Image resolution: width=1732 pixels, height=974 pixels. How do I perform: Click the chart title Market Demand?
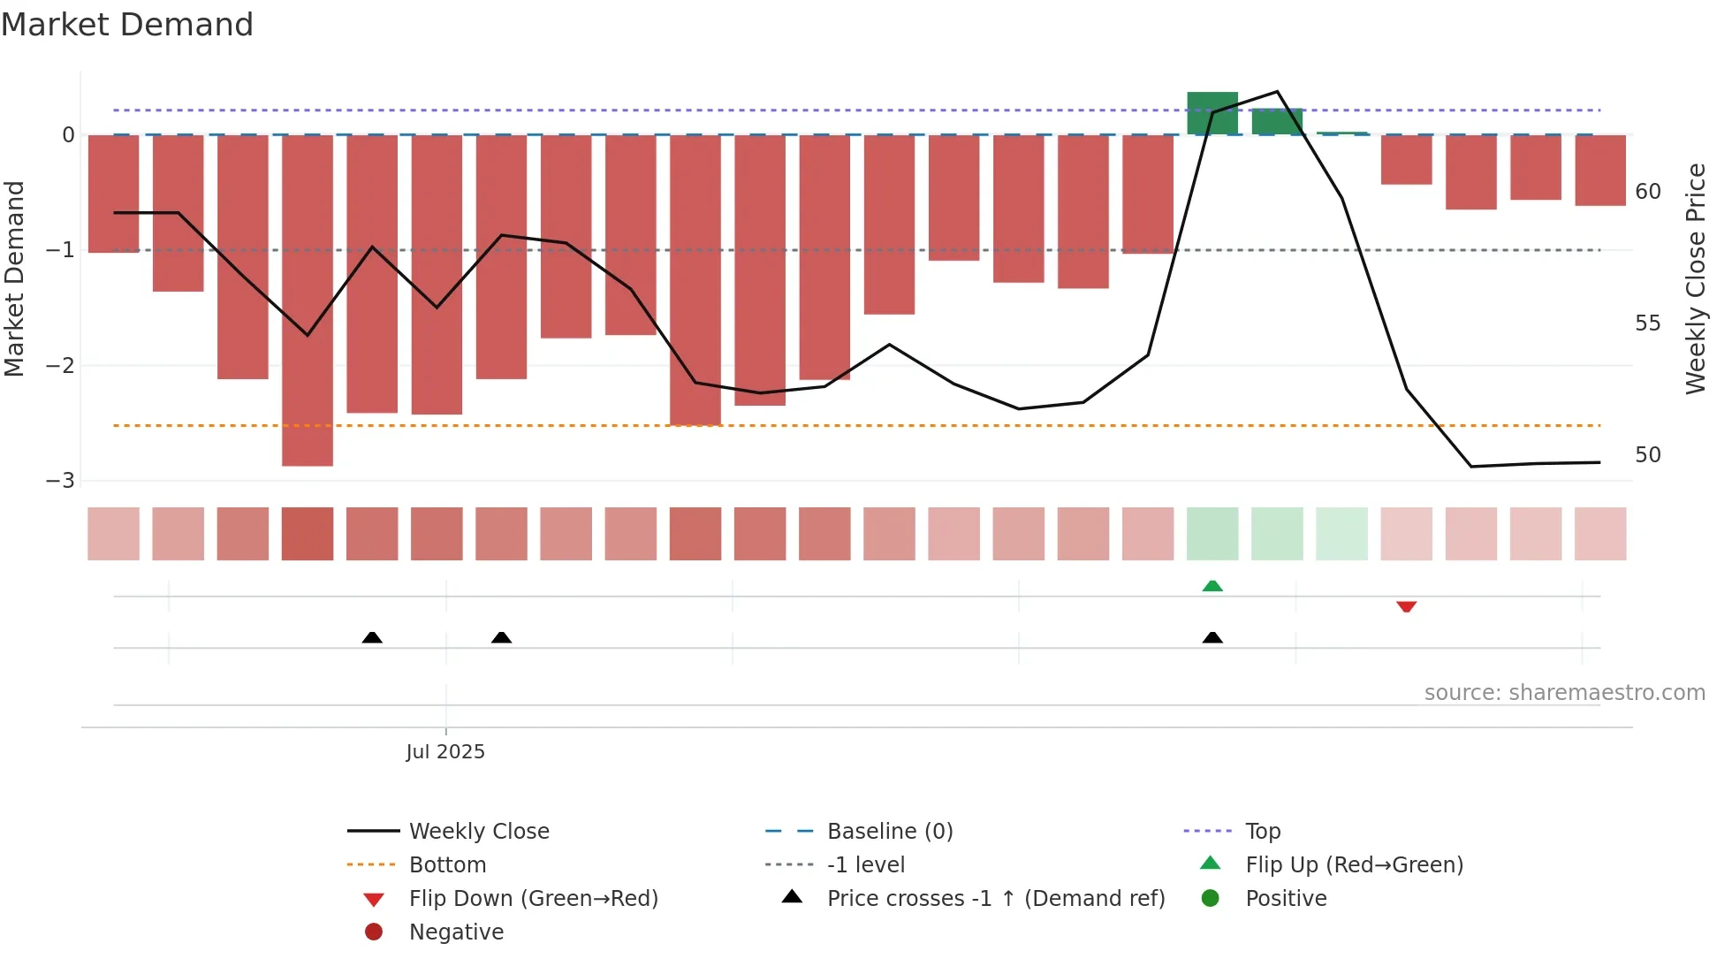127,25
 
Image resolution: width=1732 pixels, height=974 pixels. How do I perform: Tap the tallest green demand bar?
1212,113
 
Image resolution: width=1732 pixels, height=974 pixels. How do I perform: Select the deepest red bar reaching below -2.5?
308,301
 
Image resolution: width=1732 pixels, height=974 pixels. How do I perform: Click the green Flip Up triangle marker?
1212,586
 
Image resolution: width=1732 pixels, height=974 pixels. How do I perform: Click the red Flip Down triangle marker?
1406,606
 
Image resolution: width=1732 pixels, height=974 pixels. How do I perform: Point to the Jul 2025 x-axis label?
445,751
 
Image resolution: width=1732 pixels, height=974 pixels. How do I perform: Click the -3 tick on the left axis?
60,481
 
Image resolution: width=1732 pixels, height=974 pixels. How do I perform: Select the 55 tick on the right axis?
1647,323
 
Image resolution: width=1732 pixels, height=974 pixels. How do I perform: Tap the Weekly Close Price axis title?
1695,278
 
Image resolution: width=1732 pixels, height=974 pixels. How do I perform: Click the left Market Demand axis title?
14,278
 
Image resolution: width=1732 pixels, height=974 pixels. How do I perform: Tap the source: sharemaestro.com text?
1564,692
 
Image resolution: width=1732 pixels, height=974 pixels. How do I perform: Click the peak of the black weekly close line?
1277,91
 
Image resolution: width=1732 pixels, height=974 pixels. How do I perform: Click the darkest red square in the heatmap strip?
308,534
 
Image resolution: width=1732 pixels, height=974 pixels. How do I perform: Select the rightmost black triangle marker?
1212,637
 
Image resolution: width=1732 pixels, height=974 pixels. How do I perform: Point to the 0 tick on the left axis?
68,135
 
